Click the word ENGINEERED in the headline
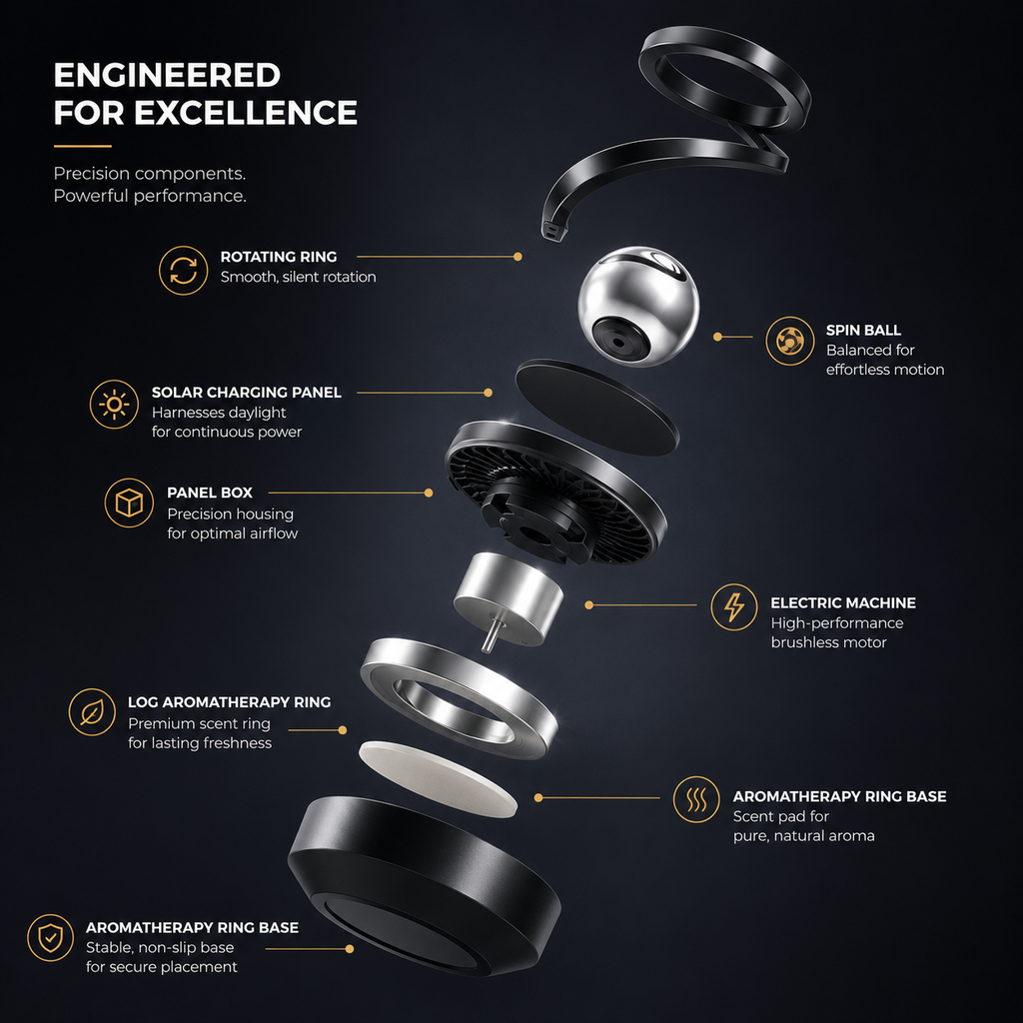[x=167, y=75]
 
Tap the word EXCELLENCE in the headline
[x=246, y=112]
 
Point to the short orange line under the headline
[x=82, y=146]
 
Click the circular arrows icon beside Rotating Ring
[x=184, y=270]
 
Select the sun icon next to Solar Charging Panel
[x=114, y=405]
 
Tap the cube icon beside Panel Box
[x=129, y=504]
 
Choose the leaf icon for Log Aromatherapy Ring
[x=92, y=712]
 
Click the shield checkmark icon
[x=50, y=937]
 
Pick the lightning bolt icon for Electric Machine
[x=734, y=606]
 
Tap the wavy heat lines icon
[x=696, y=799]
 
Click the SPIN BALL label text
[x=863, y=330]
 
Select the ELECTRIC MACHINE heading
[x=843, y=602]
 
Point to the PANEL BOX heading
[x=210, y=493]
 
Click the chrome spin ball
[x=638, y=306]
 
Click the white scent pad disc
[x=438, y=778]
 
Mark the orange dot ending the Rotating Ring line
[x=517, y=257]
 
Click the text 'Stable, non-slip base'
[x=160, y=947]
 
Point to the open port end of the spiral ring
[x=553, y=231]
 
